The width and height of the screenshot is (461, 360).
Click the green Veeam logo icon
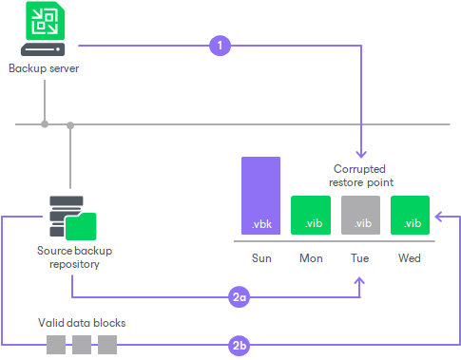click(44, 22)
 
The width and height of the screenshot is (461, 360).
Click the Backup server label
click(44, 68)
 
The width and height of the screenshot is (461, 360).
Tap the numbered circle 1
click(220, 45)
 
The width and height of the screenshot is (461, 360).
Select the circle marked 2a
click(240, 297)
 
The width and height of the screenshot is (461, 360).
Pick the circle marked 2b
click(240, 345)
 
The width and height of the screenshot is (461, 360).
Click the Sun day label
click(261, 257)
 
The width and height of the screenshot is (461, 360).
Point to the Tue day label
click(360, 257)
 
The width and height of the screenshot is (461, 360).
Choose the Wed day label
click(411, 257)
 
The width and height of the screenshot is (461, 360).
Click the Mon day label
click(311, 257)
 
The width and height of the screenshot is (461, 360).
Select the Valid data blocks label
click(82, 323)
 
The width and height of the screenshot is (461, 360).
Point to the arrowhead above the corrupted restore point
click(361, 152)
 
